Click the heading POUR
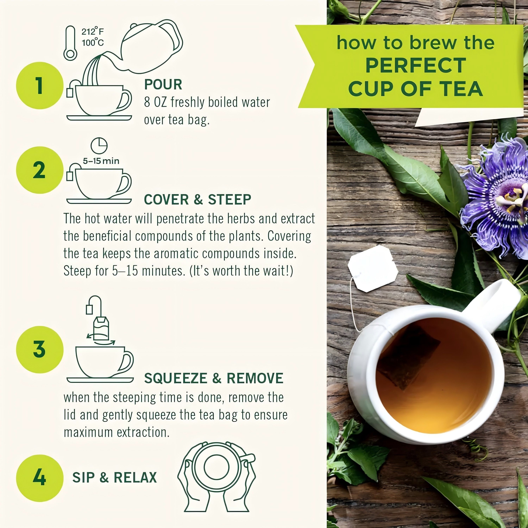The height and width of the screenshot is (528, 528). click(x=163, y=84)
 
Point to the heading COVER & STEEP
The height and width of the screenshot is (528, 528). click(x=197, y=200)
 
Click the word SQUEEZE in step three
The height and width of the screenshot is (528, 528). click(x=176, y=378)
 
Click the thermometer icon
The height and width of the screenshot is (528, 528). click(x=70, y=43)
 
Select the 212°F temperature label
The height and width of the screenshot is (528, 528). click(x=93, y=32)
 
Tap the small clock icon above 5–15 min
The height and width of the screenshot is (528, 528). click(x=99, y=145)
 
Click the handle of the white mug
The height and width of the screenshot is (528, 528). click(x=495, y=303)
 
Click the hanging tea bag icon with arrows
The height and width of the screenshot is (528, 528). click(x=100, y=328)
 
